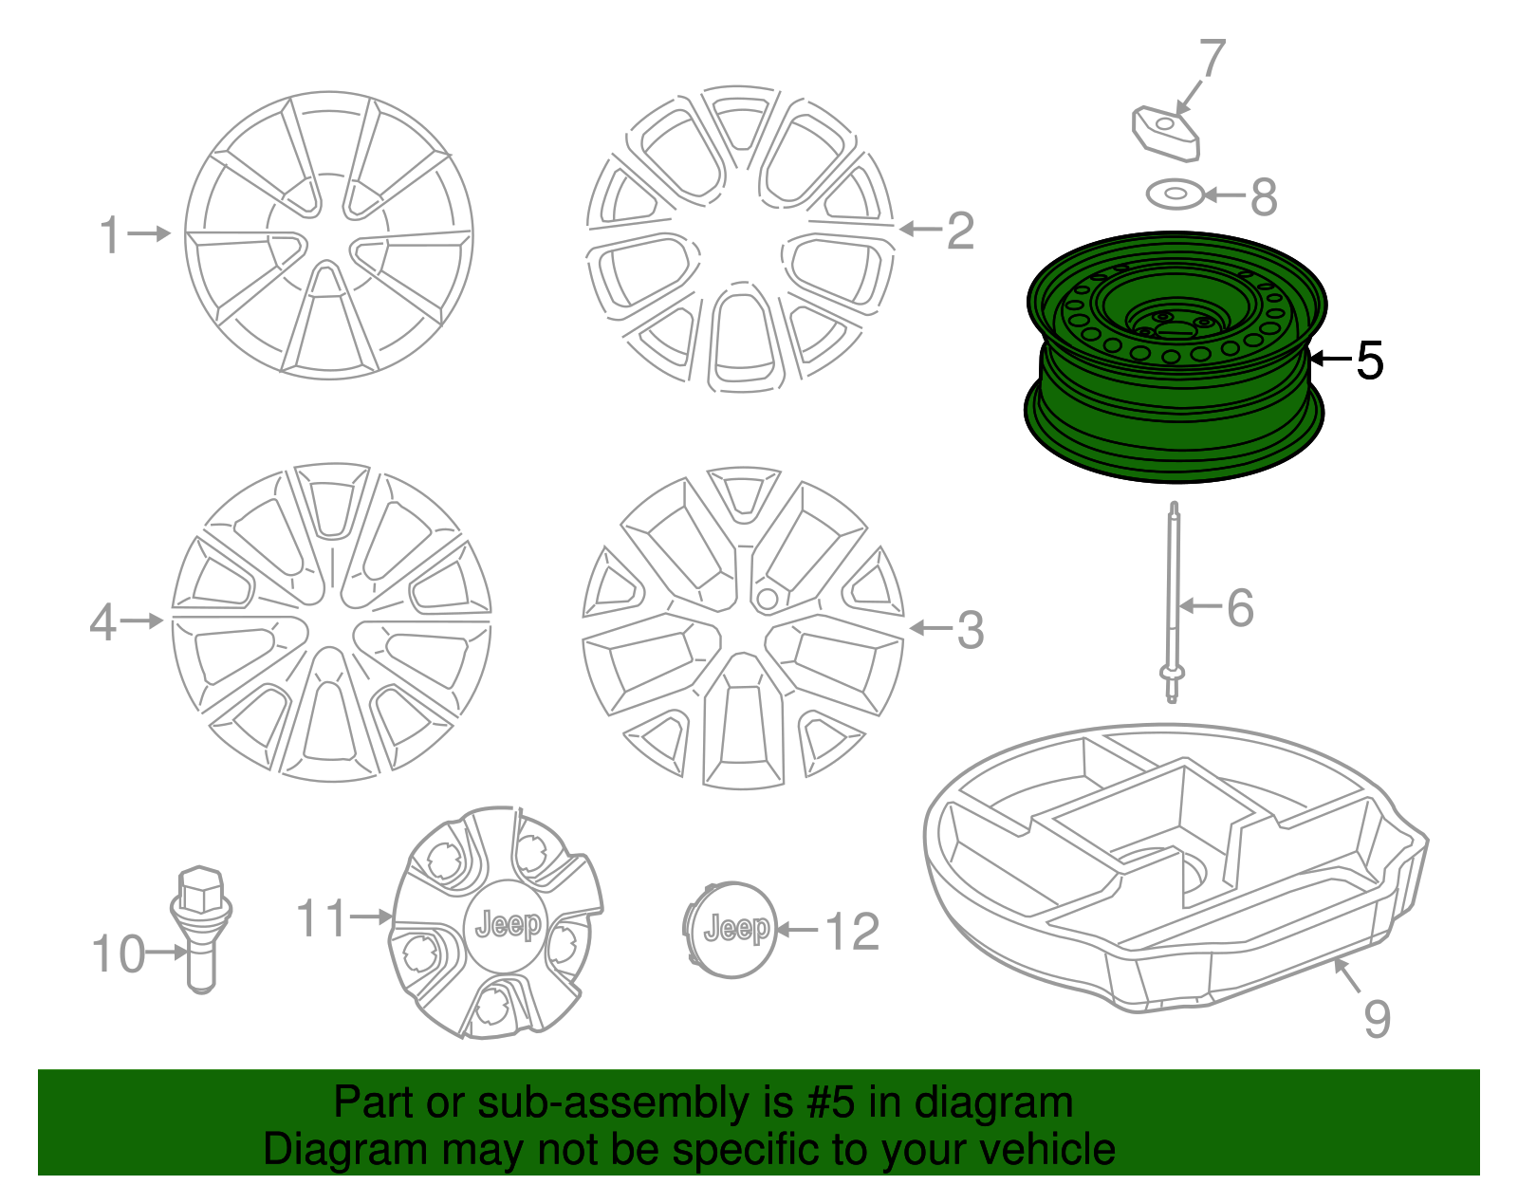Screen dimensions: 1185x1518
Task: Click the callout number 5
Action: pyautogui.click(x=1369, y=361)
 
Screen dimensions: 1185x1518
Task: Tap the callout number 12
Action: pyautogui.click(x=853, y=932)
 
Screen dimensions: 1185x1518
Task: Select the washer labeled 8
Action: pyautogui.click(x=1175, y=195)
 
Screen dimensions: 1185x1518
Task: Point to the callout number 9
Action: pyautogui.click(x=1377, y=1018)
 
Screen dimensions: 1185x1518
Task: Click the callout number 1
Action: pyautogui.click(x=111, y=233)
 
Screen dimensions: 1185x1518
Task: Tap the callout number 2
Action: pyautogui.click(x=960, y=231)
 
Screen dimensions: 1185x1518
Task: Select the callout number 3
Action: pyautogui.click(x=970, y=630)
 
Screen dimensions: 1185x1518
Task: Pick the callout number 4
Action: pyautogui.click(x=102, y=622)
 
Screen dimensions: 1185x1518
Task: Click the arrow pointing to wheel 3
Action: pyautogui.click(x=930, y=628)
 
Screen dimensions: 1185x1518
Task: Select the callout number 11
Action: pyautogui.click(x=321, y=918)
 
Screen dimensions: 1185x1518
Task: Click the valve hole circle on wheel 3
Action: pyautogui.click(x=767, y=599)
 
